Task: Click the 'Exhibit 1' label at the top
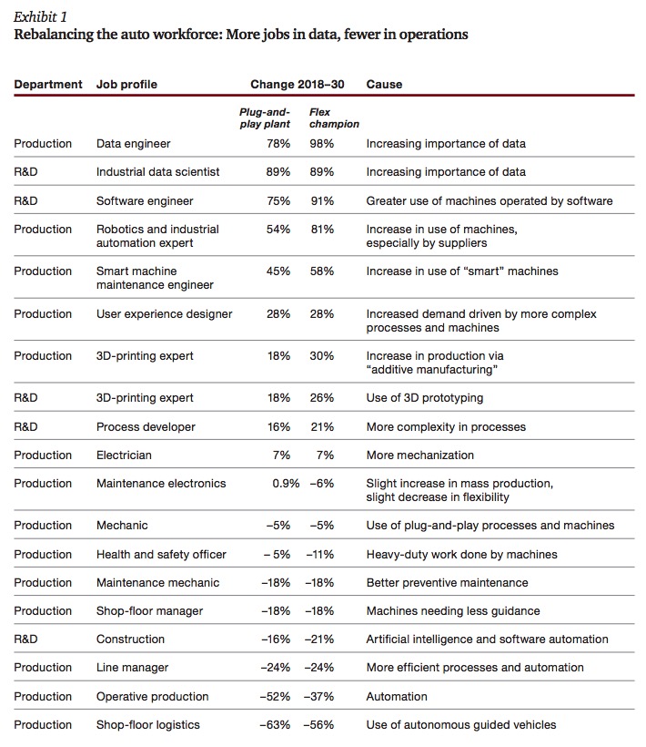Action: (40, 17)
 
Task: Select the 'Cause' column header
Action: (384, 85)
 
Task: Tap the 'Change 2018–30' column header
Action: (298, 85)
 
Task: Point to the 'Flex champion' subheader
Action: (334, 118)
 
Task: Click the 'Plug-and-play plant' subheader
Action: (265, 118)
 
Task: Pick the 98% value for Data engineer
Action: (321, 144)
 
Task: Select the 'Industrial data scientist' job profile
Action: (158, 172)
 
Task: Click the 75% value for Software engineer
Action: (278, 201)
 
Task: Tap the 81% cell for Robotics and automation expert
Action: (322, 230)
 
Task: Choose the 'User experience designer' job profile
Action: (164, 314)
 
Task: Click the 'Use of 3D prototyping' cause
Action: (425, 398)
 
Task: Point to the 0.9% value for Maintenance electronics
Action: (286, 484)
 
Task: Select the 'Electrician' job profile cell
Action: (124, 455)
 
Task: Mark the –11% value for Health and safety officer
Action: (319, 555)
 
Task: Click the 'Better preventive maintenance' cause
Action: (447, 583)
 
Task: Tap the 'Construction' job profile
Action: (130, 640)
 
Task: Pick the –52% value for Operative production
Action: (275, 697)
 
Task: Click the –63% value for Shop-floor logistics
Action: (275, 724)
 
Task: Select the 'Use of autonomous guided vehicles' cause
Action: (461, 725)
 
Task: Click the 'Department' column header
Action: (48, 85)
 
